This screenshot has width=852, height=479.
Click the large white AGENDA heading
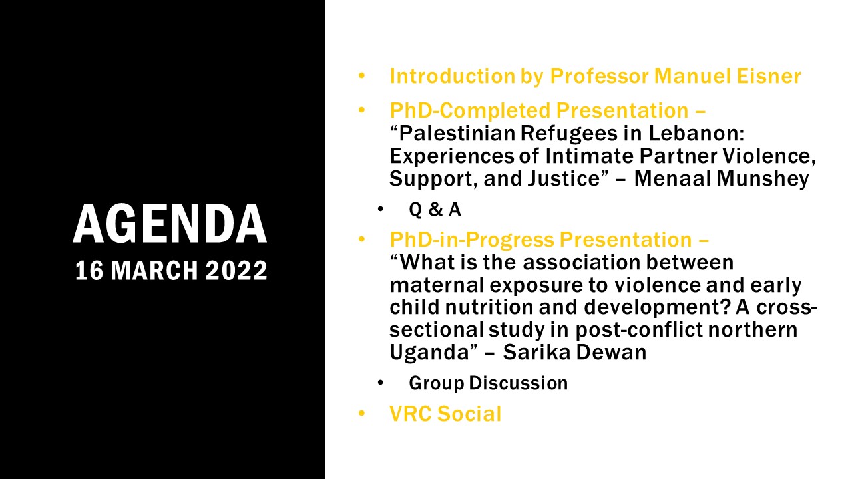click(x=170, y=224)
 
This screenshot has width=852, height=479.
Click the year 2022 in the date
click(x=236, y=271)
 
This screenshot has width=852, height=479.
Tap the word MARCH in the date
click(x=154, y=271)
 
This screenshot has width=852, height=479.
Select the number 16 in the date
click(x=89, y=271)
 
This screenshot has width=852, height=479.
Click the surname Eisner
click(x=769, y=76)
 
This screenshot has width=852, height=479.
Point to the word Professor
click(x=599, y=76)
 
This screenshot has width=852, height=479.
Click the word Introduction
click(x=453, y=76)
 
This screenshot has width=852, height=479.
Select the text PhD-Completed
click(x=470, y=111)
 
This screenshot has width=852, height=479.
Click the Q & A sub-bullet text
click(x=435, y=209)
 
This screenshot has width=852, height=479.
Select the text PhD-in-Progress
click(x=472, y=240)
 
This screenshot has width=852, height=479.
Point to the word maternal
click(x=437, y=285)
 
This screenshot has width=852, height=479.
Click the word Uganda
click(x=429, y=353)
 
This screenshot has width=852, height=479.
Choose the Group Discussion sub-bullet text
click(x=489, y=383)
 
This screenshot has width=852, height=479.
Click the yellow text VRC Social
click(x=445, y=414)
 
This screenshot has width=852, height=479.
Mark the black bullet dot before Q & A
click(x=381, y=209)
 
